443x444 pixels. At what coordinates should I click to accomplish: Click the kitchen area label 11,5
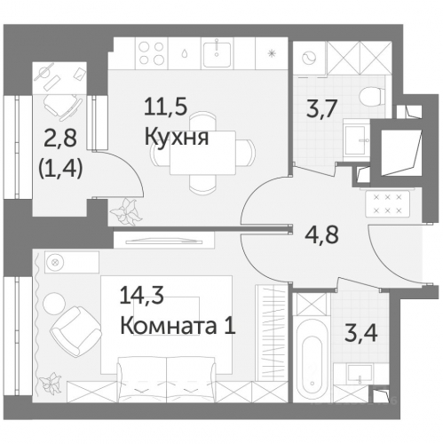(165, 110)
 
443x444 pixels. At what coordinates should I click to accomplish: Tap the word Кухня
(178, 137)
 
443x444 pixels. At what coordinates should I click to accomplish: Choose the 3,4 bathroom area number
(348, 336)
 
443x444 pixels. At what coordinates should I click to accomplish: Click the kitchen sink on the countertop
(214, 52)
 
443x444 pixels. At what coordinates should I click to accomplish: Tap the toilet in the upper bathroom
(367, 99)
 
